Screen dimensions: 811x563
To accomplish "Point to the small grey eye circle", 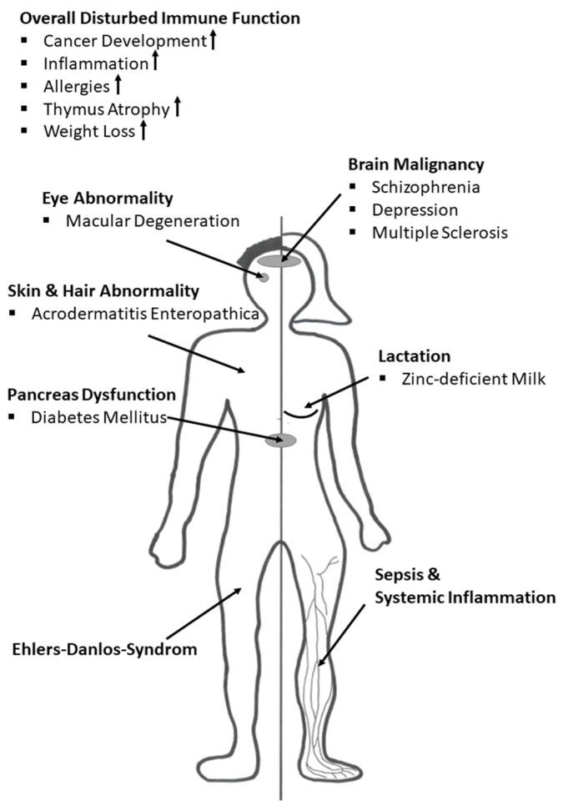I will point(262,277).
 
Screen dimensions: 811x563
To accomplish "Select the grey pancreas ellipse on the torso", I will point(280,440).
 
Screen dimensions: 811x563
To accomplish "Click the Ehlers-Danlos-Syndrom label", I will point(105,648).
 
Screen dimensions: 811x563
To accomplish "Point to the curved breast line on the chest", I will point(300,411).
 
